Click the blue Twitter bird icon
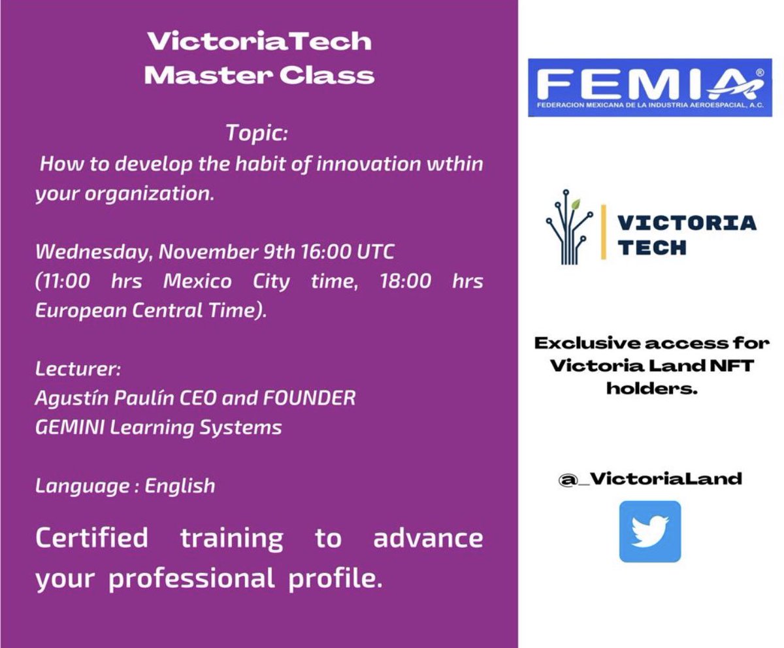(x=649, y=531)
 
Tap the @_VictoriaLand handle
(x=650, y=479)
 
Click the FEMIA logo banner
(x=649, y=88)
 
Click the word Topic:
(x=257, y=133)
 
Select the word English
(x=180, y=486)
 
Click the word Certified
(x=91, y=539)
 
